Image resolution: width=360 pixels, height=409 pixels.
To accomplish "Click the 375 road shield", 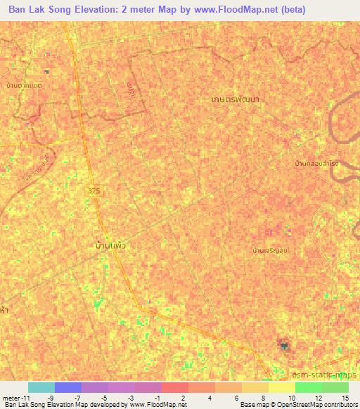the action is tap(94, 190).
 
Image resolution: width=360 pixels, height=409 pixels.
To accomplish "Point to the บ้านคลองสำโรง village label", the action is tap(316, 163).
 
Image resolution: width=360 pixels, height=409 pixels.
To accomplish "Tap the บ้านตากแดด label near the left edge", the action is tap(24, 85).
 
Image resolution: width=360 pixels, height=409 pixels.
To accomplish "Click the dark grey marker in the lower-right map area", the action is tap(284, 345).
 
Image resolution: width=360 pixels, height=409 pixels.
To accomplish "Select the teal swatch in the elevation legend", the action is tap(41, 387).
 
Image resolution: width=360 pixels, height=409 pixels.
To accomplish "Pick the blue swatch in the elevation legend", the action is tap(68, 387).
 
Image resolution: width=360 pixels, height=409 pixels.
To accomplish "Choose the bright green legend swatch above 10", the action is tap(308, 387).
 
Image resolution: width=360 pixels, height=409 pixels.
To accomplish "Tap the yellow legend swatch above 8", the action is tap(255, 387).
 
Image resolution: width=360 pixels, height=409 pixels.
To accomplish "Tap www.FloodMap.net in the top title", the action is tap(229, 11).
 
